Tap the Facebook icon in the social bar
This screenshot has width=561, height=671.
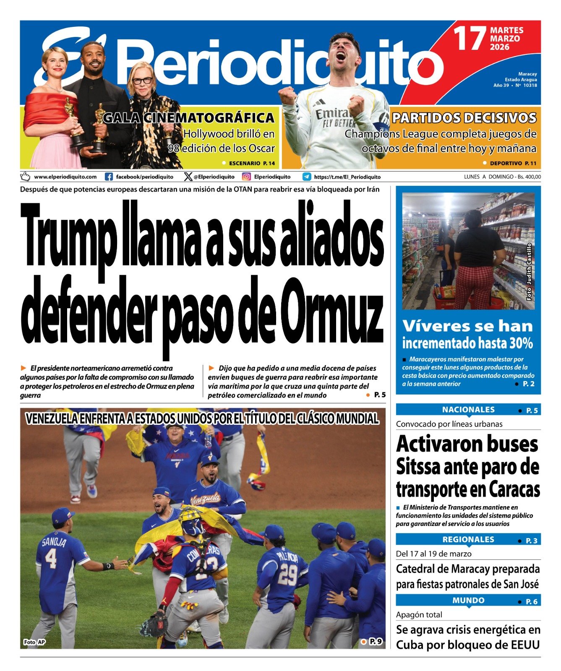(x=109, y=177)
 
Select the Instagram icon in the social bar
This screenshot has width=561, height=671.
(x=246, y=177)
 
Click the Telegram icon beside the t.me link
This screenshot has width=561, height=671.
(x=307, y=177)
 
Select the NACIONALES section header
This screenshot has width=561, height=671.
(x=468, y=410)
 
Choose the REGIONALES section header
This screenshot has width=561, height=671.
(x=468, y=539)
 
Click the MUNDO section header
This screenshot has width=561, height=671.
(x=468, y=600)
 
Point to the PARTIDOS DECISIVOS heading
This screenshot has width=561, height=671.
(x=464, y=118)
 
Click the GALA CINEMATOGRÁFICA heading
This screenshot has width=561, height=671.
(x=189, y=118)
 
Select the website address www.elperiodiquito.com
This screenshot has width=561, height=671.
(x=65, y=177)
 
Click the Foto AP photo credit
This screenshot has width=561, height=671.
(x=34, y=642)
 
